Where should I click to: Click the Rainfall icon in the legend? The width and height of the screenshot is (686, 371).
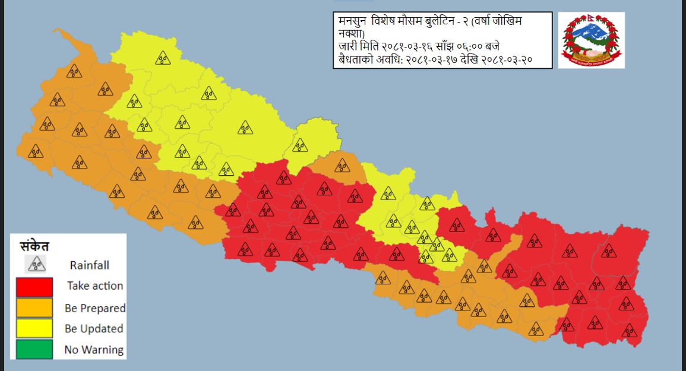[37, 264]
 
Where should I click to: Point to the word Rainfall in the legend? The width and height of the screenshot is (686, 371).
[89, 265]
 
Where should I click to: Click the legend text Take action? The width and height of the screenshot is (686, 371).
[95, 286]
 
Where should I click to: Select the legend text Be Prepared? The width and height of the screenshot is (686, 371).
[95, 308]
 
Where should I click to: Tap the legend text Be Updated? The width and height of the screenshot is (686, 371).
[94, 329]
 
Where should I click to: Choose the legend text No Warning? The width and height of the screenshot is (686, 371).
[94, 350]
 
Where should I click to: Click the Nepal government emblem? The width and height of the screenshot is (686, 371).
[591, 40]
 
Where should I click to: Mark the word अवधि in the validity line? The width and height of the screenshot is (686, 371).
[387, 60]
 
